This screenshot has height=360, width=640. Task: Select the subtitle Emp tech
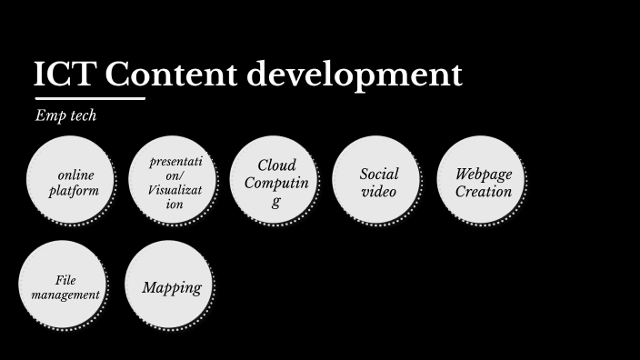pos(65,115)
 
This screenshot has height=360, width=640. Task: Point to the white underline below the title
pos(89,97)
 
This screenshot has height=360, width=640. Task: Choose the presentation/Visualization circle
pos(174,182)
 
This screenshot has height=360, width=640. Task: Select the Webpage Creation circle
pos(483,182)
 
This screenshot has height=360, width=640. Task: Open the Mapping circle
pos(171,287)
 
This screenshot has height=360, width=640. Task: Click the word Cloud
pos(276,165)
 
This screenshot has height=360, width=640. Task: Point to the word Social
pos(379,174)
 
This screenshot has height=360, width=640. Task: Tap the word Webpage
pos(484,174)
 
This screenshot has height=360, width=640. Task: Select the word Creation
pos(484,191)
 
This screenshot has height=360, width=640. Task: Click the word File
pos(65,280)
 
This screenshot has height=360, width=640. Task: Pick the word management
pos(65,295)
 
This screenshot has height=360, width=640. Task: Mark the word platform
pos(74,191)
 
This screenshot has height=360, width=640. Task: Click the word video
pos(379,191)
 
